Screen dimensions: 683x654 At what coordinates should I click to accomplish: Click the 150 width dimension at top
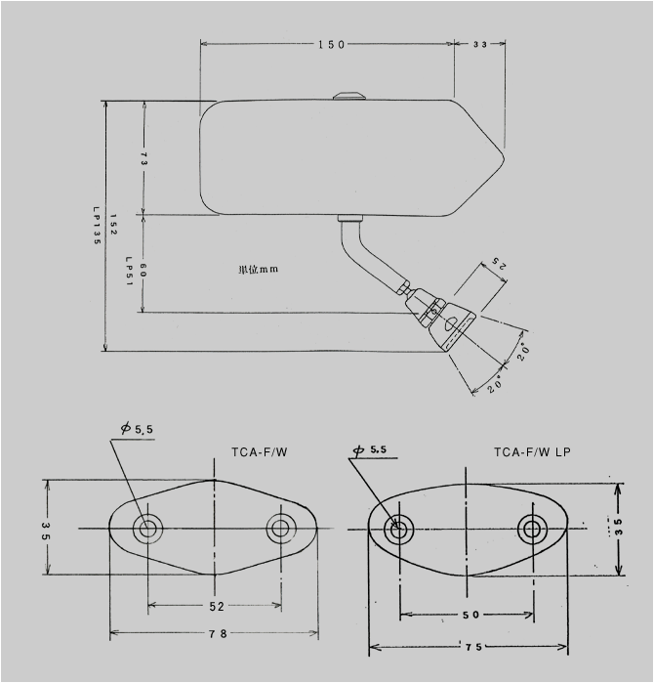coord(330,45)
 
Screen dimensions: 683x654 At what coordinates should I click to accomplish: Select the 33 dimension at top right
coord(481,45)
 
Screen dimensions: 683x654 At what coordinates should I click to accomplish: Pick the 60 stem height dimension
coord(143,271)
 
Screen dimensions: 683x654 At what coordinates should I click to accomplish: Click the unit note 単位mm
coord(258,269)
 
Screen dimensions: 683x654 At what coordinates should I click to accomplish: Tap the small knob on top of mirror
coord(347,95)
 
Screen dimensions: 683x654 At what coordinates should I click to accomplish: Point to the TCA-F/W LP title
coord(534,451)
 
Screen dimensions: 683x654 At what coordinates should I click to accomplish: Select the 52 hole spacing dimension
coord(216,606)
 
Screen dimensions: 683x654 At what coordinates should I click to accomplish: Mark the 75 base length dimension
coord(469,647)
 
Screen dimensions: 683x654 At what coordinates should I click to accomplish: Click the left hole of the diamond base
coord(148,529)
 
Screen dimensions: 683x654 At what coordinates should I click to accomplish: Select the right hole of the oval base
coord(533,530)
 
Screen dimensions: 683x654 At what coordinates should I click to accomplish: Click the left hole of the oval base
coord(398,531)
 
